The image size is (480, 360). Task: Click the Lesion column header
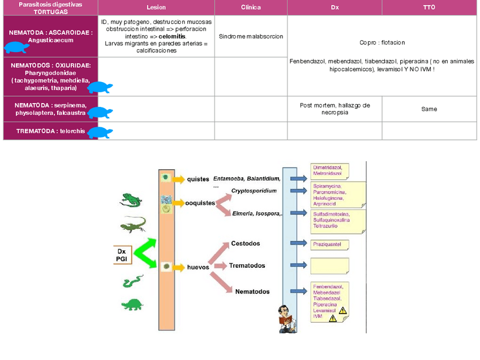156,7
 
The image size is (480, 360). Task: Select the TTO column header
429,7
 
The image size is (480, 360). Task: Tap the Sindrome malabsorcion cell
251,36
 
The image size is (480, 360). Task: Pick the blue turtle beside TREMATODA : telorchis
100,132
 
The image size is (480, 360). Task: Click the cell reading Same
429,109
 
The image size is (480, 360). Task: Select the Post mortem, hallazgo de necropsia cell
335,109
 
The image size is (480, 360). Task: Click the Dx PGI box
122,255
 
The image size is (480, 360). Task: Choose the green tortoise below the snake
133,305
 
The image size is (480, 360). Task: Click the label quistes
198,179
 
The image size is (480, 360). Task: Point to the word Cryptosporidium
254,191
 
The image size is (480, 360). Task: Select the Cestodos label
246,243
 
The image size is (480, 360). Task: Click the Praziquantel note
329,245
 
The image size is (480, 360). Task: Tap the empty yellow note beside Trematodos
329,265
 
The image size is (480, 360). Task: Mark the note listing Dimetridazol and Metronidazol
329,170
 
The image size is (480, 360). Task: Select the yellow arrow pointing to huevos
179,267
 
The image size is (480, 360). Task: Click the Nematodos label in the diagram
252,292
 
